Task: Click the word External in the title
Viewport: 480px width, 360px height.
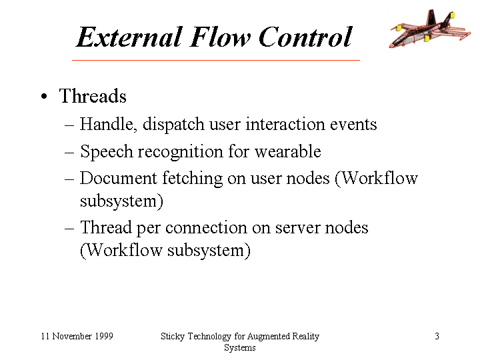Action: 129,37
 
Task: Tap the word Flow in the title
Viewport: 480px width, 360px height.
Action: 220,37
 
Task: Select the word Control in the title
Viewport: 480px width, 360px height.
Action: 305,37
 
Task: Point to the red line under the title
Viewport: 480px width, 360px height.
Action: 216,60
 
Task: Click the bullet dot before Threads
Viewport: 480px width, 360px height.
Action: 44,97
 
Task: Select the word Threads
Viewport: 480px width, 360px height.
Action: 93,96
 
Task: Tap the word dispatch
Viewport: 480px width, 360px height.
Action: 173,125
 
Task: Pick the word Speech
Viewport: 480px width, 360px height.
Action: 107,151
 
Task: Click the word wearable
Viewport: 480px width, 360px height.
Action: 288,151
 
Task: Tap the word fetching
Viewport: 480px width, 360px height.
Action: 192,179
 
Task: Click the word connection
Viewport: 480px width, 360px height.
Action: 206,228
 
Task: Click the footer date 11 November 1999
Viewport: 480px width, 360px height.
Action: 77,336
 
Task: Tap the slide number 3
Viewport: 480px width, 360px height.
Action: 437,336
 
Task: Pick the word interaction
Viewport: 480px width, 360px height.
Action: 285,124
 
